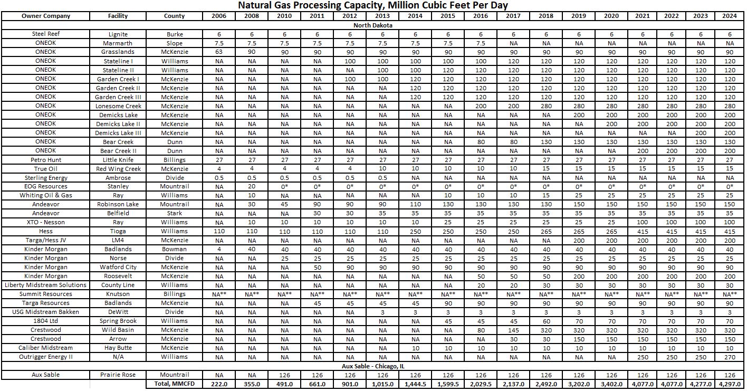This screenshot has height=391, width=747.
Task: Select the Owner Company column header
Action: (x=46, y=16)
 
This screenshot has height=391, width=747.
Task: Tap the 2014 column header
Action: (x=415, y=16)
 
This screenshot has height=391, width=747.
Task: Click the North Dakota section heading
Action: (x=372, y=25)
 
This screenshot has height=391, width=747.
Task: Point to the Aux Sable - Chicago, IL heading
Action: (x=372, y=366)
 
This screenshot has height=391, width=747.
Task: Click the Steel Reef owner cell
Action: (x=46, y=34)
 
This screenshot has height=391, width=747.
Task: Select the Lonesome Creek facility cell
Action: (x=118, y=106)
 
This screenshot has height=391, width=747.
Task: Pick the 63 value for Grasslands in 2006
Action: (x=219, y=52)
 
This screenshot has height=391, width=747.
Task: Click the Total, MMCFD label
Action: (x=174, y=384)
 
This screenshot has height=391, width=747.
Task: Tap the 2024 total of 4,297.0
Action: (x=730, y=384)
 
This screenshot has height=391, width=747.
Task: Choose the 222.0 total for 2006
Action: (x=219, y=384)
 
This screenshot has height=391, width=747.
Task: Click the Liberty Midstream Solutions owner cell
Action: (x=46, y=285)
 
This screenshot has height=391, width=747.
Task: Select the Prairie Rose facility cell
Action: (x=118, y=375)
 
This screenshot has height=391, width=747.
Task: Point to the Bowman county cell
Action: (x=174, y=249)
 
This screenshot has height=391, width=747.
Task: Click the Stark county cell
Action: (x=174, y=213)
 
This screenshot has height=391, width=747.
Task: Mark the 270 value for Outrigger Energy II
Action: (x=730, y=357)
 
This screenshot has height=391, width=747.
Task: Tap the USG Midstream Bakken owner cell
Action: (x=46, y=312)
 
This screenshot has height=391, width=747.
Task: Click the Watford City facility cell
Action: (x=118, y=267)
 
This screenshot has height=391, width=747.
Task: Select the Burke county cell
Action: (x=174, y=34)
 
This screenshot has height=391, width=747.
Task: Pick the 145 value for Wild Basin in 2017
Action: (x=513, y=330)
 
